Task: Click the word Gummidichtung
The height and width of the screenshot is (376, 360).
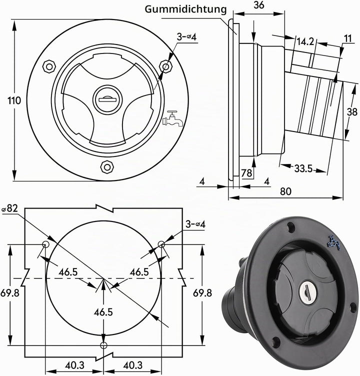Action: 185,9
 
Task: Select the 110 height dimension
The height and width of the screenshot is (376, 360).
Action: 14,100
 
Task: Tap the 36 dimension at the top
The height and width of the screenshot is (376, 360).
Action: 259,5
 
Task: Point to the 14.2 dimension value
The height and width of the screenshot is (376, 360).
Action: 305,41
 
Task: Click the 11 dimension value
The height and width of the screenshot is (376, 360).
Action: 347,38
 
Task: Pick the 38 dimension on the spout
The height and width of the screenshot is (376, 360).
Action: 352,111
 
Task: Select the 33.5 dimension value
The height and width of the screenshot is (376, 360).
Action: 303,169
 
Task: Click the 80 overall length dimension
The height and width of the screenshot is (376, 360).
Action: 285,191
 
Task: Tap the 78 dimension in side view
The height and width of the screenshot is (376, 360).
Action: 246,173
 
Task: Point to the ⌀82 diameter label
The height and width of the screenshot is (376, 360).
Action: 10,208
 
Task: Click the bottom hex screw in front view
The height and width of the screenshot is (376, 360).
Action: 107,167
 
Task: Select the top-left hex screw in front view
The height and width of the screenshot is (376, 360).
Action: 49,66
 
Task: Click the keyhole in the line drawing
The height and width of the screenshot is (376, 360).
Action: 105,99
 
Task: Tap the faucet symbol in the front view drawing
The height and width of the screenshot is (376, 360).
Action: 172,118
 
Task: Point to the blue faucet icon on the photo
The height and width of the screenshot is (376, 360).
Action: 334,242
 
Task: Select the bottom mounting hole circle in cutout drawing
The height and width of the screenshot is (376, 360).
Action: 103,345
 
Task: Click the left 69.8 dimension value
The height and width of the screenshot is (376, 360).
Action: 10,293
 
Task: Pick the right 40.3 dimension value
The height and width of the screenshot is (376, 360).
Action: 133,365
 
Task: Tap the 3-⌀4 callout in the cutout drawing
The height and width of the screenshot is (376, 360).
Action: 195,224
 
